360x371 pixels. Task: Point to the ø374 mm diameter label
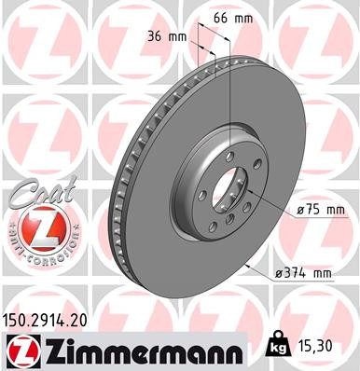[303, 273]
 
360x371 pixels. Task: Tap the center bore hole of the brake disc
[226, 186]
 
